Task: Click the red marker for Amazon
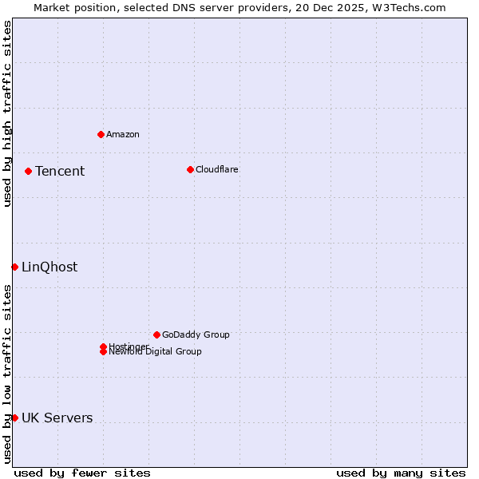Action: (x=101, y=134)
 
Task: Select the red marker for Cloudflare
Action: (x=190, y=169)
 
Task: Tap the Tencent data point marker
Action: (x=28, y=171)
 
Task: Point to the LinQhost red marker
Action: (x=14, y=267)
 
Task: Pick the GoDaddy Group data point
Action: (x=156, y=335)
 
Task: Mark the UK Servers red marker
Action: (x=14, y=418)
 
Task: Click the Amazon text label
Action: (x=123, y=134)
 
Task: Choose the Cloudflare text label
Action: (x=217, y=169)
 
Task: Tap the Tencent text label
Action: (x=60, y=171)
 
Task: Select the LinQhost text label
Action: (x=49, y=267)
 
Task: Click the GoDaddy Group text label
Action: (x=196, y=335)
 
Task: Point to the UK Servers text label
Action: (x=57, y=418)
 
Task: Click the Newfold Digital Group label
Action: (x=156, y=352)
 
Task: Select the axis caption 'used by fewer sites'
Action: (x=82, y=473)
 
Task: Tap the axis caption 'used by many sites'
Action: (x=401, y=473)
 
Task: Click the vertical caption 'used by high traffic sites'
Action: (x=8, y=113)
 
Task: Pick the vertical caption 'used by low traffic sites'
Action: (x=8, y=374)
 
